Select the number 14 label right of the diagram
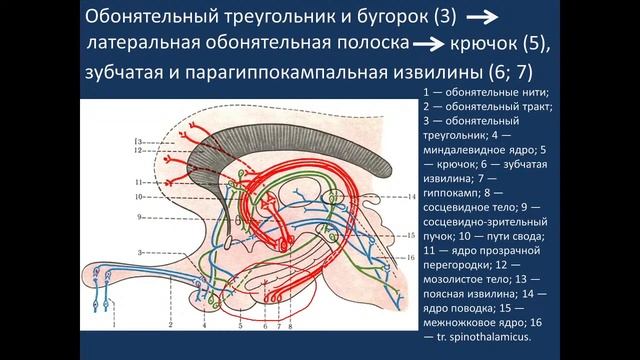tap(411, 198)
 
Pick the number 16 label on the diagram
tap(411, 257)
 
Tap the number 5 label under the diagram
tap(239, 326)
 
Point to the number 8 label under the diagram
tap(290, 326)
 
